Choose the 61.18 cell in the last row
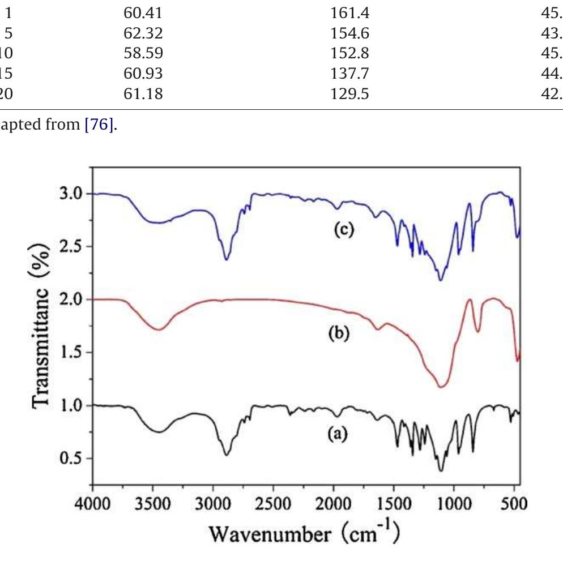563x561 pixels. pyautogui.click(x=143, y=94)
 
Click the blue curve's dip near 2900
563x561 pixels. pyautogui.click(x=226, y=259)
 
